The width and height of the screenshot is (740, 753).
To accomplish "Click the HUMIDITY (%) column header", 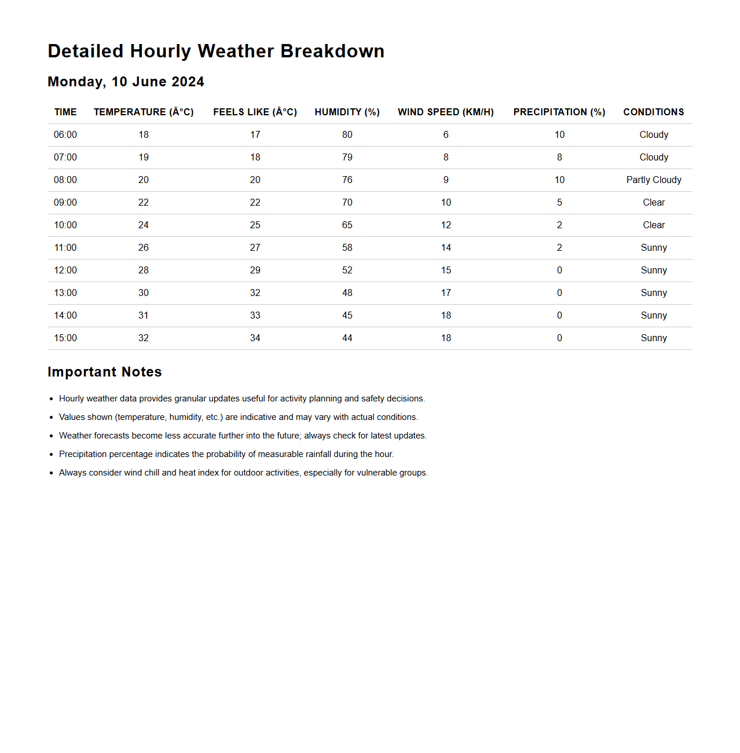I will (x=347, y=112).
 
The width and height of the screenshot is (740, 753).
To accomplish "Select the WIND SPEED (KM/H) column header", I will (x=445, y=112).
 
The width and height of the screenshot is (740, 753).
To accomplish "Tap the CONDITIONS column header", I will (x=653, y=112).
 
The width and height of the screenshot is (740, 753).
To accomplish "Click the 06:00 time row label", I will (x=65, y=134).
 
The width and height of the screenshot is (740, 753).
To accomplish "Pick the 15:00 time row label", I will (x=65, y=338).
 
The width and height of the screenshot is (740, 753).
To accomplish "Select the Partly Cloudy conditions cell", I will (x=654, y=180).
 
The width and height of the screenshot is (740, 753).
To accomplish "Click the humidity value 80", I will (x=347, y=134).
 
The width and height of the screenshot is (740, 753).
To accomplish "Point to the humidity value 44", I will (x=347, y=338).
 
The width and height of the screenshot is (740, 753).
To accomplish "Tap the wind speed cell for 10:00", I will (x=446, y=225).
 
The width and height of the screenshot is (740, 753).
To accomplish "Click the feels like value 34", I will (x=255, y=338).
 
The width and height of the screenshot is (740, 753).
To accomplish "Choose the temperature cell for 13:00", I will (x=144, y=293).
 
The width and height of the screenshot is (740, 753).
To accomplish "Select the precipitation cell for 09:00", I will (x=559, y=202).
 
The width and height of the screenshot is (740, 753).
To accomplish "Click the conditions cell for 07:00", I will (x=654, y=157).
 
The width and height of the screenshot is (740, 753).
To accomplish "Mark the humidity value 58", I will (x=347, y=247).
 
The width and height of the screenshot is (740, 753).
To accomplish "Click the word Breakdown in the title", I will (x=332, y=51).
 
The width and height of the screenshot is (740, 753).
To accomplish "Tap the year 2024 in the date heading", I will (x=188, y=82).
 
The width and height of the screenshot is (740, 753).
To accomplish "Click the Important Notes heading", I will (x=105, y=372).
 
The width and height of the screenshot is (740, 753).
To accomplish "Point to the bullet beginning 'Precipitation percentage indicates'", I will (x=226, y=454).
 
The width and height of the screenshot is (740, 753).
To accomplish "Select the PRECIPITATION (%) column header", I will (x=559, y=112).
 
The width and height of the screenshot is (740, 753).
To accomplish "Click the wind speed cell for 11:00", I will (x=446, y=247).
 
